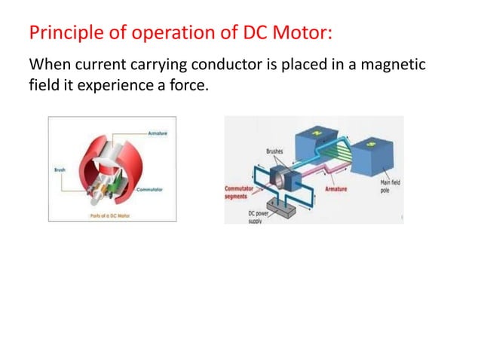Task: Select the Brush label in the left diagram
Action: point(60,170)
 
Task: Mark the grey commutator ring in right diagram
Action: point(286,180)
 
